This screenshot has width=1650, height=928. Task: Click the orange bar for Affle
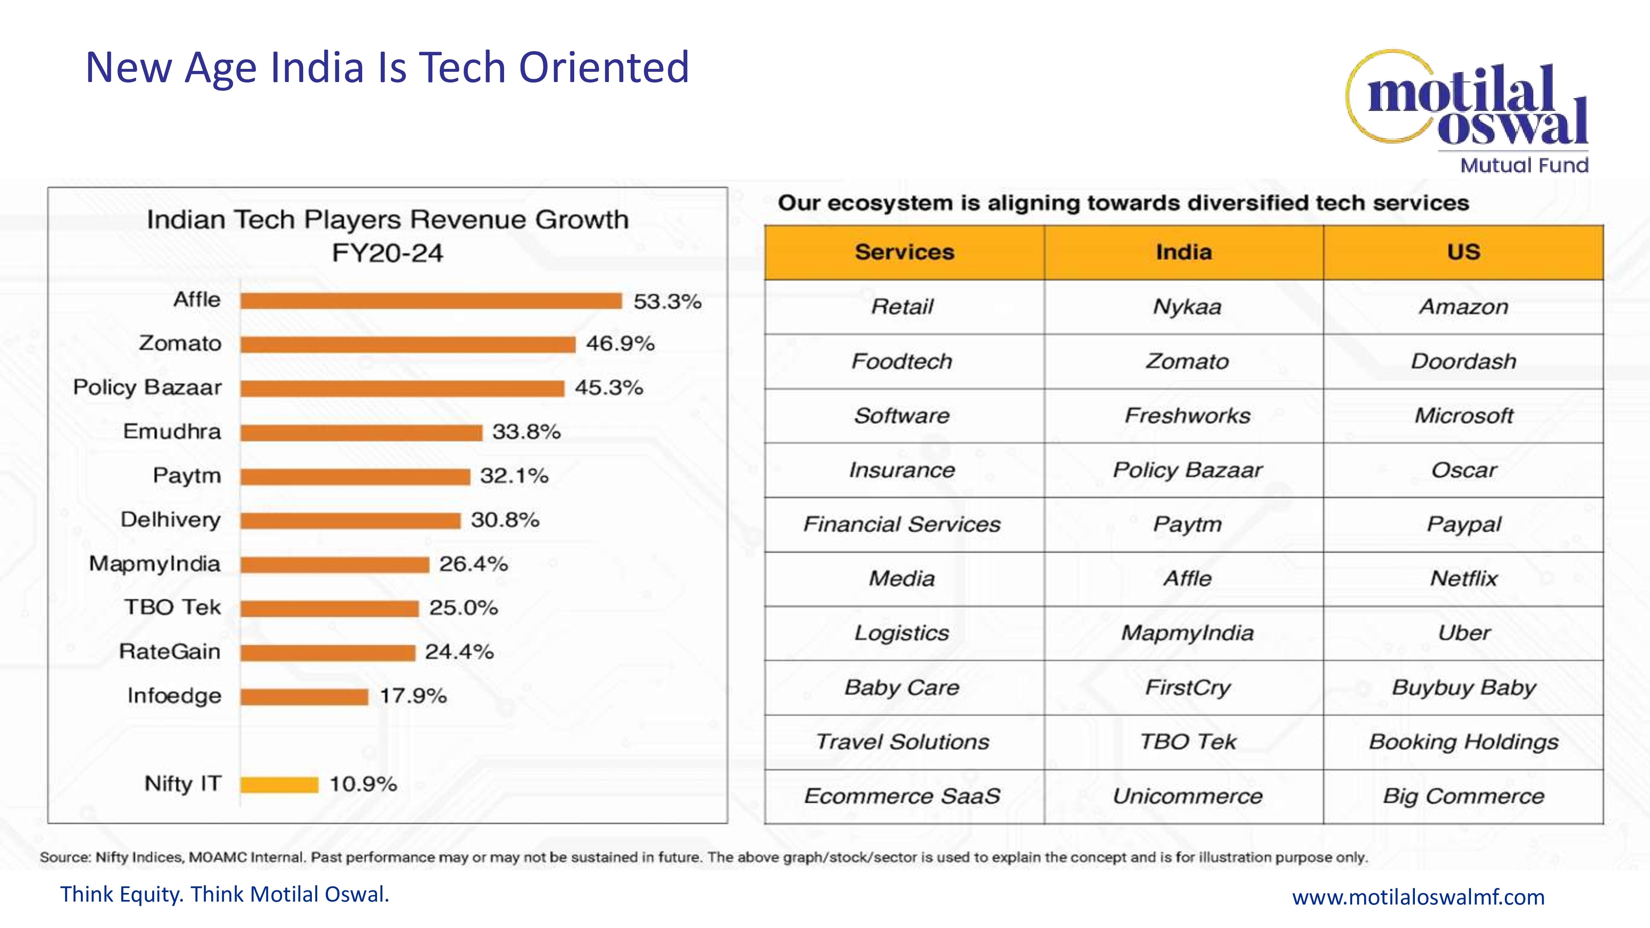pyautogui.click(x=431, y=301)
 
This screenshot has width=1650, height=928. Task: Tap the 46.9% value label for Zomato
pyautogui.click(x=620, y=344)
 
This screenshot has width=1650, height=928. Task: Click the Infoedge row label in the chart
pyautogui.click(x=174, y=695)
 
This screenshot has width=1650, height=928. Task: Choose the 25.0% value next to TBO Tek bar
pyautogui.click(x=463, y=608)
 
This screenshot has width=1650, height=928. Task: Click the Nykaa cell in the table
pyautogui.click(x=1187, y=307)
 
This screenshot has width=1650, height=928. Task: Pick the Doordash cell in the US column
pyautogui.click(x=1464, y=361)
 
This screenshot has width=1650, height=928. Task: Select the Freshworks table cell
pyautogui.click(x=1187, y=416)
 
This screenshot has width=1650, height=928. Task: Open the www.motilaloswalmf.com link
pyautogui.click(x=1418, y=897)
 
